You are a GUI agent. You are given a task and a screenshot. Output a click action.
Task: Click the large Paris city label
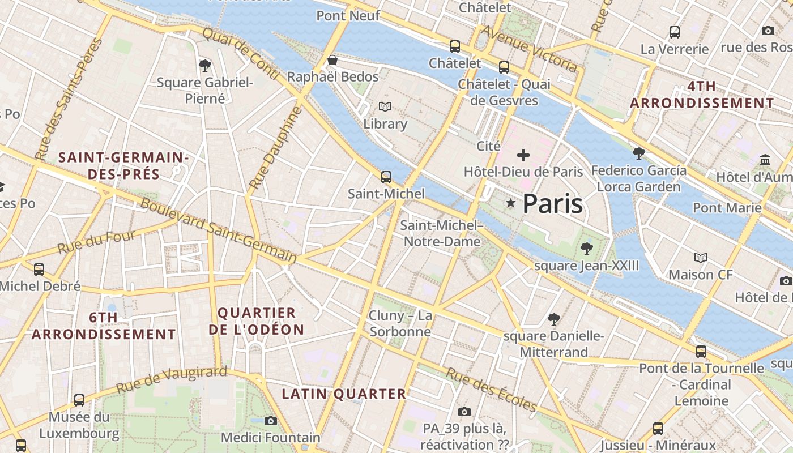tap(552, 203)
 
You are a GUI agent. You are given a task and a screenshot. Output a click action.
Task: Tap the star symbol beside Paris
tap(511, 203)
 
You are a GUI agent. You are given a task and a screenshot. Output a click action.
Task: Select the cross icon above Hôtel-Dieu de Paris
tap(523, 155)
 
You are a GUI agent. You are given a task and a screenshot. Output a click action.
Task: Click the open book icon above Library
tap(385, 107)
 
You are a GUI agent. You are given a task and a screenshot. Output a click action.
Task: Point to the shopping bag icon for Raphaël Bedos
tap(332, 60)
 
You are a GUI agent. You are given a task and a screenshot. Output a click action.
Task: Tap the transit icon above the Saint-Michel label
tap(386, 177)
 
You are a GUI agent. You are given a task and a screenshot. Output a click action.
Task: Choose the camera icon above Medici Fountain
tap(271, 421)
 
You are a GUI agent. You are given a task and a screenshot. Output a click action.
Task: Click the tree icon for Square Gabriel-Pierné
tap(205, 66)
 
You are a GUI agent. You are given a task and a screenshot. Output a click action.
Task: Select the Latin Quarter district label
tap(344, 394)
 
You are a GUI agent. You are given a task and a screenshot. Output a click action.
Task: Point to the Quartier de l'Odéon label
tap(257, 321)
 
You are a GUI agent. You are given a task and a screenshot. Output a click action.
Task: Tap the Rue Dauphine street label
tap(276, 148)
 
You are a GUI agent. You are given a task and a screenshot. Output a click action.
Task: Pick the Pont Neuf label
tap(348, 15)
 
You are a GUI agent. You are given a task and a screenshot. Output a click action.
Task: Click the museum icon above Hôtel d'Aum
tap(765, 160)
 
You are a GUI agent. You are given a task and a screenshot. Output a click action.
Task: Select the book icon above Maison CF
tap(701, 258)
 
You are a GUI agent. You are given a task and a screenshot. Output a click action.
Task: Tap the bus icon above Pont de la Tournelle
tap(701, 351)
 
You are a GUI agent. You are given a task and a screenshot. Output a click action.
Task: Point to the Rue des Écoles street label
tap(491, 390)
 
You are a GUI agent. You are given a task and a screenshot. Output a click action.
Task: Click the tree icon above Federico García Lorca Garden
tap(638, 153)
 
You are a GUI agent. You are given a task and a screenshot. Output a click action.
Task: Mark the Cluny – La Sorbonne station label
tap(400, 323)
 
